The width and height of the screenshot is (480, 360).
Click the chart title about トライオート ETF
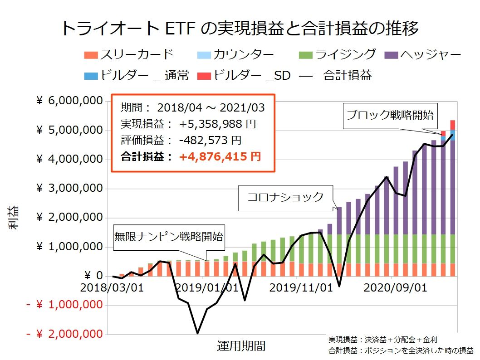240,29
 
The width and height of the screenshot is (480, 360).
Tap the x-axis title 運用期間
241,346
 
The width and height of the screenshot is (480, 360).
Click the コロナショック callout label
285,197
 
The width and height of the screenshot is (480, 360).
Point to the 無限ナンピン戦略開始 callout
168,236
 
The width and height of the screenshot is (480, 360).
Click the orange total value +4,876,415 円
220,157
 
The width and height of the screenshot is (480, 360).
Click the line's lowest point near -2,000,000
197,333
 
